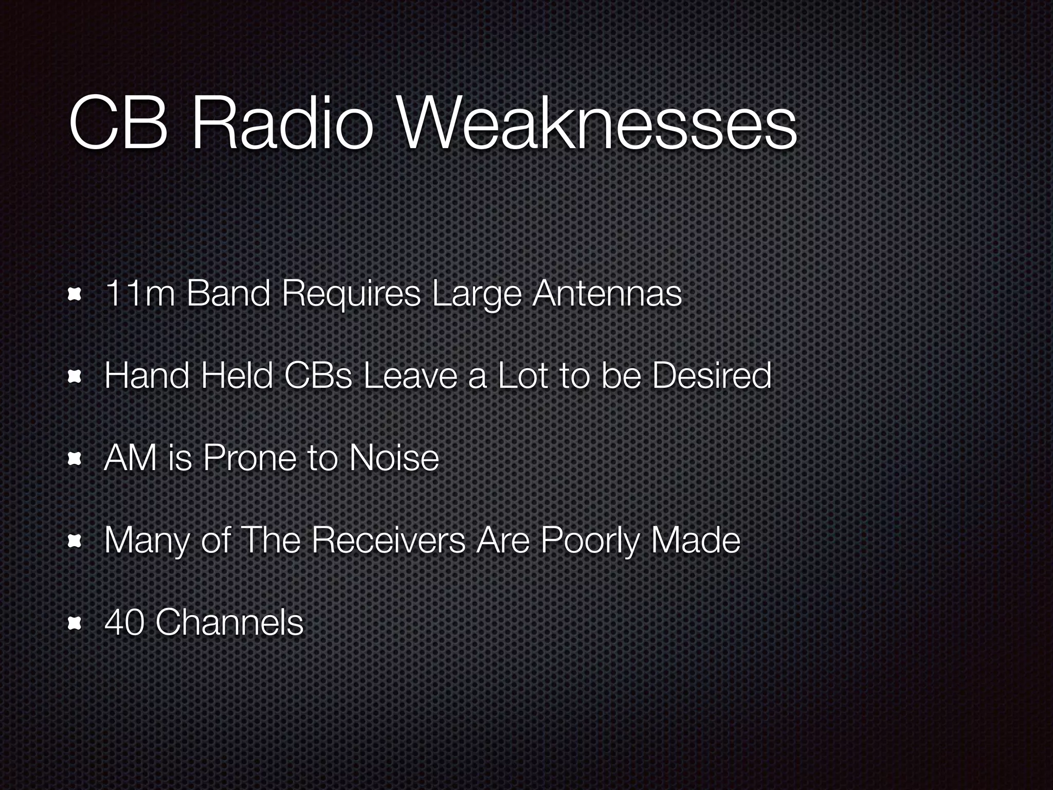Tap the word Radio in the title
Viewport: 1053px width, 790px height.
[281, 125]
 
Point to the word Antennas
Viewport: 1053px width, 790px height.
[607, 294]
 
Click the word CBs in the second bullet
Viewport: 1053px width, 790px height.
[318, 376]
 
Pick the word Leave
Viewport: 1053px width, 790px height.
[410, 376]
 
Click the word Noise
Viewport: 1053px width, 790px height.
[393, 458]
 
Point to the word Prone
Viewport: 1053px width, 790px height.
[249, 458]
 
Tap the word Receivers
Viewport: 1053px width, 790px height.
[388, 540]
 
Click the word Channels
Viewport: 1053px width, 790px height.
[229, 622]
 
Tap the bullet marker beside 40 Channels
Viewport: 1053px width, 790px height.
[75, 623]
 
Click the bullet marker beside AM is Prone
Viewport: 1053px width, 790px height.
[75, 459]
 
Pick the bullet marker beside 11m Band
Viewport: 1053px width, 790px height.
[75, 295]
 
